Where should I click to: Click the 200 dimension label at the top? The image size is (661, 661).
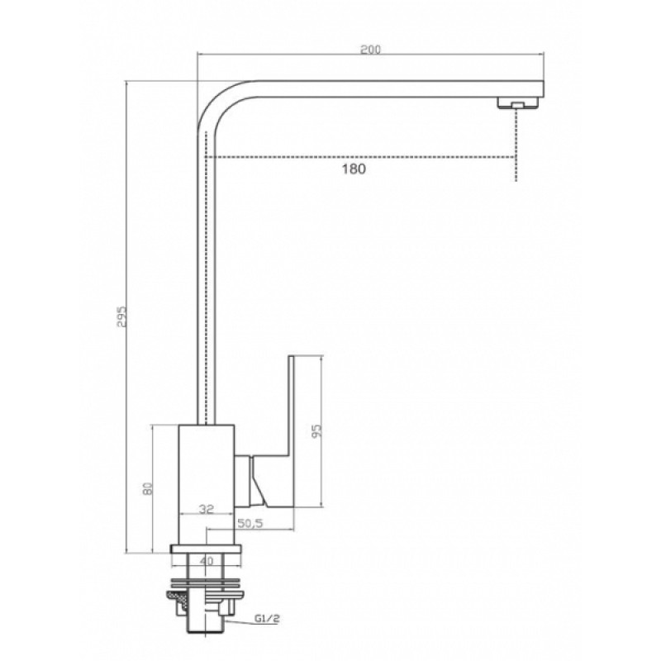pyautogui.click(x=370, y=50)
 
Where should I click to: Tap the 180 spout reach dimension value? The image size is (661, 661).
pyautogui.click(x=354, y=169)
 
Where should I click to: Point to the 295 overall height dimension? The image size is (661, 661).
pyautogui.click(x=121, y=316)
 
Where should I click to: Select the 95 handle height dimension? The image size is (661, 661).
pyautogui.click(x=317, y=430)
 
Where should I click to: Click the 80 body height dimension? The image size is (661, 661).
pyautogui.click(x=147, y=488)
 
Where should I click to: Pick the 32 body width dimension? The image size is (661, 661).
pyautogui.click(x=206, y=509)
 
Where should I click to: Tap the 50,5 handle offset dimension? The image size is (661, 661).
pyautogui.click(x=250, y=523)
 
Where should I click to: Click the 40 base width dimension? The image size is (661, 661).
pyautogui.click(x=206, y=561)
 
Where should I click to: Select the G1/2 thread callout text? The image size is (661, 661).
pyautogui.click(x=267, y=619)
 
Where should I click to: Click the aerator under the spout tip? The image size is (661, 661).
pyautogui.click(x=519, y=103)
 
